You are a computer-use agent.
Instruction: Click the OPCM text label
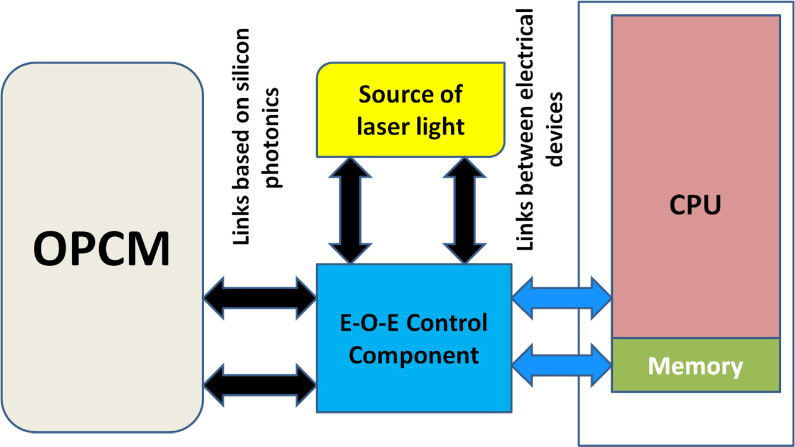(102, 248)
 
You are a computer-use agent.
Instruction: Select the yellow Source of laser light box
(411, 110)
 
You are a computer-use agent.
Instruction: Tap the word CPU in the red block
(695, 204)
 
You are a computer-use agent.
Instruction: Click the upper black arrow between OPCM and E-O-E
(260, 294)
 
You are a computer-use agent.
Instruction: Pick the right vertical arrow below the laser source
(463, 209)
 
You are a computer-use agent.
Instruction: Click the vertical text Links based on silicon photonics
(257, 135)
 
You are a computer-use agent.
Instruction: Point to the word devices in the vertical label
(555, 130)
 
